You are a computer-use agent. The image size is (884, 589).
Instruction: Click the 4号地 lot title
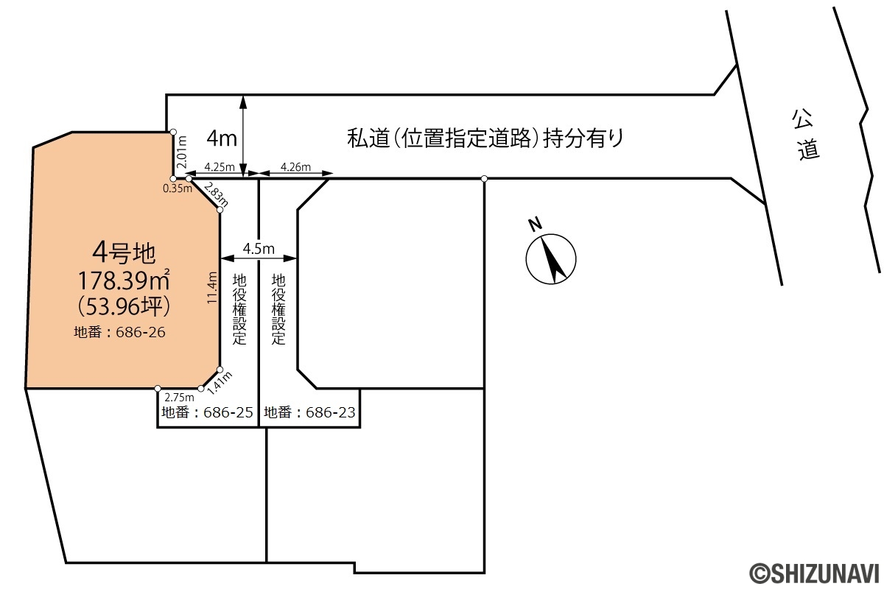[x=124, y=253]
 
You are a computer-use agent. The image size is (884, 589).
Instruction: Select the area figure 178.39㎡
[x=124, y=280]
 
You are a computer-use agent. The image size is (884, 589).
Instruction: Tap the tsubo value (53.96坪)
[x=124, y=306]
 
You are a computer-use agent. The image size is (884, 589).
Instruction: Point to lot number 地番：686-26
[x=119, y=332]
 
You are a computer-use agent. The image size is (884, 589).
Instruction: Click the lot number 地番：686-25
[x=207, y=412]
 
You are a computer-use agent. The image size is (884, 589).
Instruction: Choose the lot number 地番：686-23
[x=310, y=412]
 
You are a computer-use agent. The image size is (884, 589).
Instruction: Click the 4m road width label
[x=222, y=138]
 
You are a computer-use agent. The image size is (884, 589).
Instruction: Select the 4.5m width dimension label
[x=259, y=249]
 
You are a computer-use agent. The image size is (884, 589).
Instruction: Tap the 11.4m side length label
[x=212, y=287]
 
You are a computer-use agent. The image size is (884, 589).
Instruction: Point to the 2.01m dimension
[x=182, y=152]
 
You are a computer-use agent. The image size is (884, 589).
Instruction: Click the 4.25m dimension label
[x=220, y=167]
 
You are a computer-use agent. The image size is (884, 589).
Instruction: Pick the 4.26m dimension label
[x=295, y=167]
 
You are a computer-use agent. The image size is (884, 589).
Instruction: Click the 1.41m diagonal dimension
[x=220, y=383]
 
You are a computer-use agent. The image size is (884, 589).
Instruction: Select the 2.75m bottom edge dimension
[x=179, y=398]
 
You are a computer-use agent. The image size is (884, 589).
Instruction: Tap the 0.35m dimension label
[x=178, y=188]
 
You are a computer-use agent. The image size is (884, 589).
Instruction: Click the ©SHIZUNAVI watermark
[x=816, y=573]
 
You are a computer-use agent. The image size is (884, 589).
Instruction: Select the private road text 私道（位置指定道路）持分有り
[x=485, y=138]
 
